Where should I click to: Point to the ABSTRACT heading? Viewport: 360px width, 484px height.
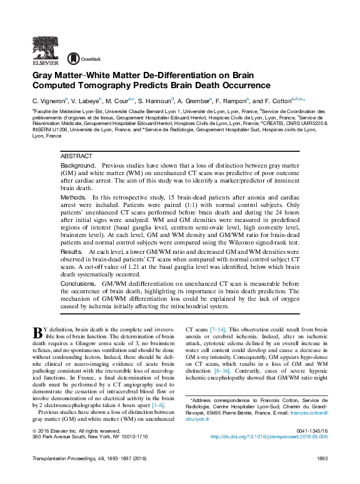[x=76, y=156]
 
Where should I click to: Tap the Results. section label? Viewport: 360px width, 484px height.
[x=72, y=251]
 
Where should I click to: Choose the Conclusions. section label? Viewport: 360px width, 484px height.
[x=79, y=283]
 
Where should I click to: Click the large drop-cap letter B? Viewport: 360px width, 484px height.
[x=37, y=333]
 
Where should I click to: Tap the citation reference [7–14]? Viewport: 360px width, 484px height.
[x=217, y=329]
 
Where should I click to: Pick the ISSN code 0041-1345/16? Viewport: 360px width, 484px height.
[x=309, y=430]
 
